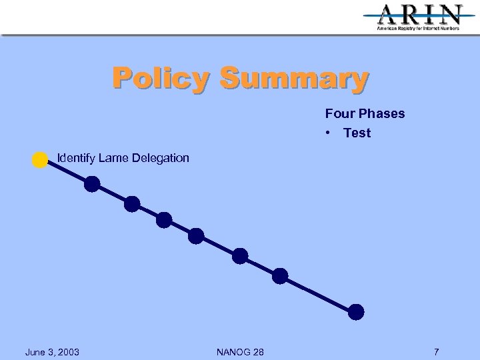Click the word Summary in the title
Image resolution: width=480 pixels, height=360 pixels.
click(x=293, y=79)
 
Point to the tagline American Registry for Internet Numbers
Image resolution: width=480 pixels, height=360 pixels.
click(x=418, y=29)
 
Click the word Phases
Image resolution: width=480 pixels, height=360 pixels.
click(x=382, y=113)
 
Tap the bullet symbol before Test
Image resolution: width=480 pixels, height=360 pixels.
click(x=329, y=133)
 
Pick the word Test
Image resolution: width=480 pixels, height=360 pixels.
click(x=357, y=133)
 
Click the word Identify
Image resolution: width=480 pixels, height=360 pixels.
click(x=76, y=158)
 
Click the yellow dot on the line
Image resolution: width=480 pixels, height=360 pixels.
click(x=40, y=160)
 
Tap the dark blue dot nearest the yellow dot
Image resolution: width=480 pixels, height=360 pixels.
click(x=92, y=184)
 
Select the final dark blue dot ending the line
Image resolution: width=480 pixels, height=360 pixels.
click(x=357, y=311)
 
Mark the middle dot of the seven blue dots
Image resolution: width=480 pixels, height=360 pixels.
click(x=196, y=235)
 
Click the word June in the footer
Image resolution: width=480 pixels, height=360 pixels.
click(x=37, y=352)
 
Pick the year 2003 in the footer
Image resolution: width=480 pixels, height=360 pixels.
click(x=67, y=352)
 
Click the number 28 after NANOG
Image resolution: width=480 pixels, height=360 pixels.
click(x=257, y=352)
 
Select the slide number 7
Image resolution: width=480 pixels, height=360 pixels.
click(x=436, y=352)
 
